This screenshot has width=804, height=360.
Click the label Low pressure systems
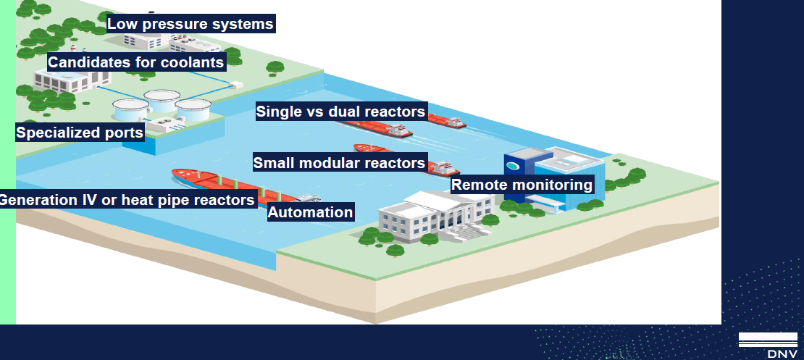coord(190,24)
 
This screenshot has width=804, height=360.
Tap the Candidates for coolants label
coord(136,62)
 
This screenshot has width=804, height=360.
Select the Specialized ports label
coord(80,133)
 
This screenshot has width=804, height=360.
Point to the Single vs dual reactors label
coord(341,112)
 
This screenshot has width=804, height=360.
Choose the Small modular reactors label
coord(340,162)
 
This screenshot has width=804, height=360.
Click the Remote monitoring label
coord(522,184)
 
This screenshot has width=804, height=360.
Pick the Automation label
coord(311,212)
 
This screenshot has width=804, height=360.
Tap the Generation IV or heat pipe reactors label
coord(127,199)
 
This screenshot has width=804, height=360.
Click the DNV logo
coord(768,345)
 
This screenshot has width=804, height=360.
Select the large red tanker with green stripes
coord(241,185)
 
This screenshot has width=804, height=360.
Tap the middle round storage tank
coord(162,101)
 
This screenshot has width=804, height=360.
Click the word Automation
coord(311,212)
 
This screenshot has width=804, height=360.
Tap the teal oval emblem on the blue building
coord(512,166)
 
